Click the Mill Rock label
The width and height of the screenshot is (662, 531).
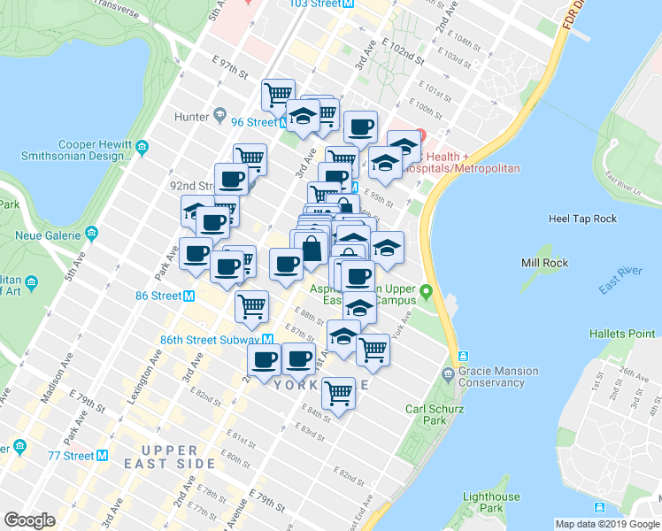pos(543,263)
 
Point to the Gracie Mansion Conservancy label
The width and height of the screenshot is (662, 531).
pos(497,377)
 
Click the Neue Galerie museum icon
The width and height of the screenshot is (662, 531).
pos(91,235)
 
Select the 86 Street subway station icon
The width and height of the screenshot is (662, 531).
pos(189,296)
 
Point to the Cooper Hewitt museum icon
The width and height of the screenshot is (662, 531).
pos(142,144)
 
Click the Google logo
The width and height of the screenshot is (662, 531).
pos(29,520)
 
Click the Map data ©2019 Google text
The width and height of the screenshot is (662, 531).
pos(607,524)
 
